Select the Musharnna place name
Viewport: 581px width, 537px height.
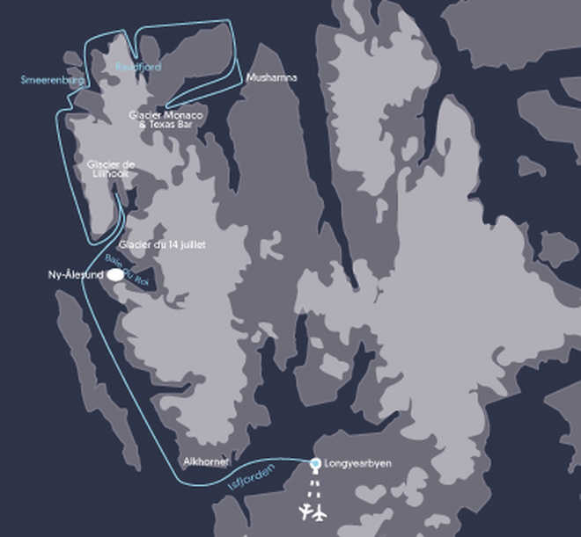click(x=272, y=77)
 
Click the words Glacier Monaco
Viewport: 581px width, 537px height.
click(x=165, y=115)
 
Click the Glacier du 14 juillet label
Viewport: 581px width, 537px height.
click(x=161, y=244)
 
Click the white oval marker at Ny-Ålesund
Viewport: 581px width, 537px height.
click(x=114, y=275)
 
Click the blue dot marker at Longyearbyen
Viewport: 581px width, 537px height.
click(x=315, y=462)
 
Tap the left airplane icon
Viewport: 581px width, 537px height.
click(x=305, y=512)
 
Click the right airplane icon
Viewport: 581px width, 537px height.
click(x=320, y=512)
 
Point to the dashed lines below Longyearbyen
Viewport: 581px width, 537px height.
click(x=314, y=485)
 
